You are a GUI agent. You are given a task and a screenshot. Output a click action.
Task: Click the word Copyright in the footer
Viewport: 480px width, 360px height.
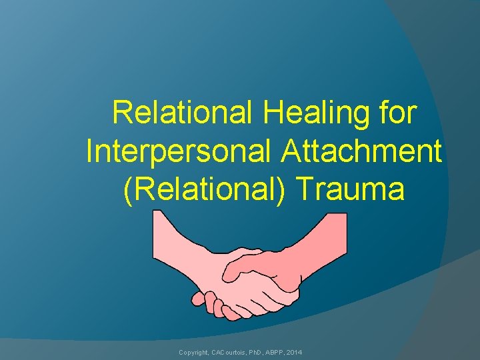(x=193, y=351)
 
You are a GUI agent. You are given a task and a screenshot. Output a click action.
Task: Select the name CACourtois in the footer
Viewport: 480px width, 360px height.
(x=231, y=351)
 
